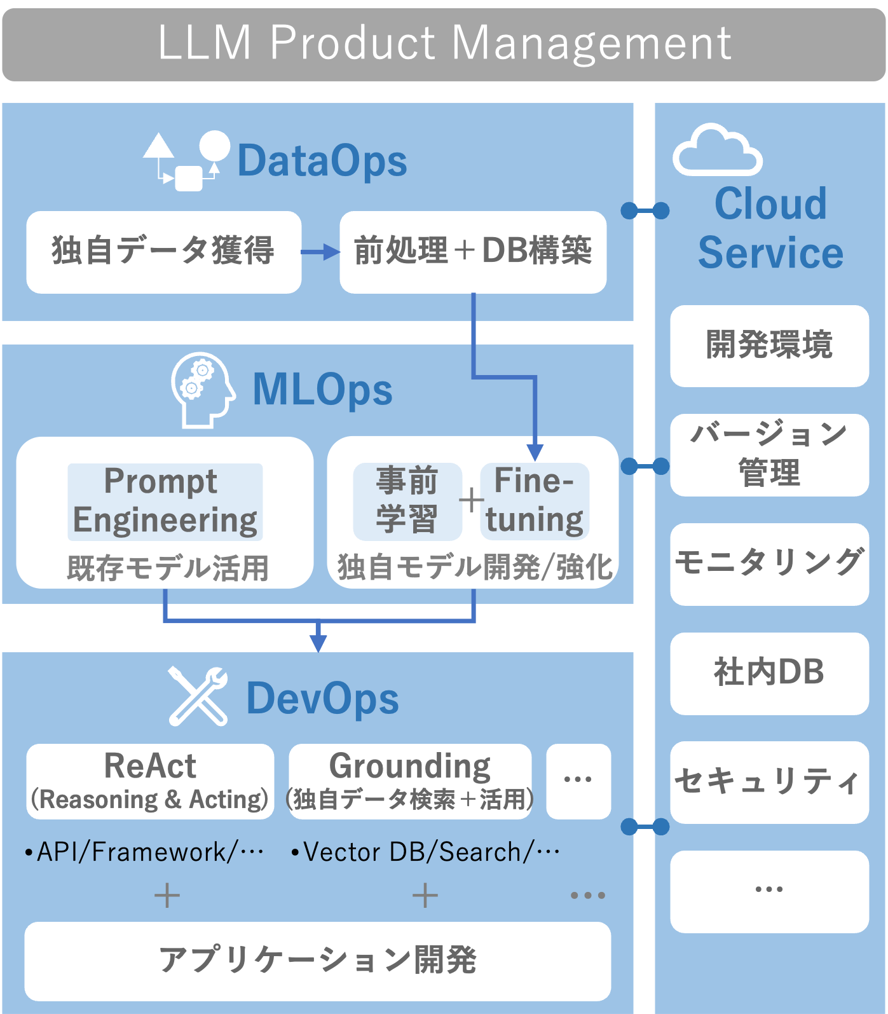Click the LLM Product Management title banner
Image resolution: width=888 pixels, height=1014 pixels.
(444, 43)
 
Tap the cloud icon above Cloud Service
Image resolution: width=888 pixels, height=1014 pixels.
(717, 151)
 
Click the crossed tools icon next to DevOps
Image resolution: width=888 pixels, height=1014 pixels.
(198, 696)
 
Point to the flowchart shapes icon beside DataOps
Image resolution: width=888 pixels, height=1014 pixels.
(186, 161)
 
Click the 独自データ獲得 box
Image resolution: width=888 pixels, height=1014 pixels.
(163, 252)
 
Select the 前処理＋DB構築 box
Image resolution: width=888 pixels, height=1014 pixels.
(473, 252)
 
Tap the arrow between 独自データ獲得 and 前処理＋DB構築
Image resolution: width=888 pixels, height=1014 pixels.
(320, 252)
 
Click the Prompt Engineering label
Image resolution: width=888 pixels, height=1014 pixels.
(165, 501)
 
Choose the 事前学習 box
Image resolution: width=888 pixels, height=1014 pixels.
(407, 501)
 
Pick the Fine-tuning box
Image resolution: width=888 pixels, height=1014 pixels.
(534, 501)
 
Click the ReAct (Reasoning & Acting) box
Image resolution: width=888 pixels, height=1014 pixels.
(150, 781)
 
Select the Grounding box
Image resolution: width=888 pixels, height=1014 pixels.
(410, 781)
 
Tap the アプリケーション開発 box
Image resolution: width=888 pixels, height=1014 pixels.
(317, 961)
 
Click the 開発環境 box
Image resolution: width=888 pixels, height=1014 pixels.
(769, 346)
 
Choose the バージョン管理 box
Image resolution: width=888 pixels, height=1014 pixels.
(769, 455)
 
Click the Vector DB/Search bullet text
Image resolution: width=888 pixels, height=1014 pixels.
(426, 853)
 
